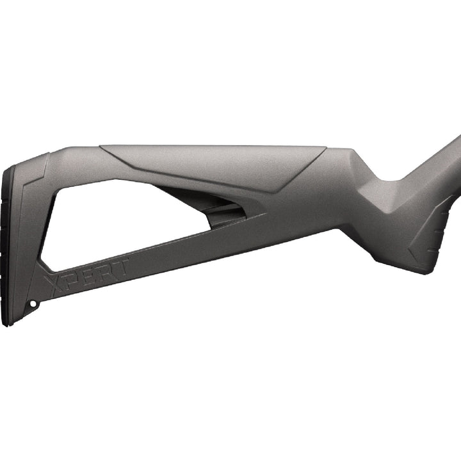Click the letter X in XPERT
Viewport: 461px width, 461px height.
click(54, 284)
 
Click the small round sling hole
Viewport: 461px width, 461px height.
click(33, 303)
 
